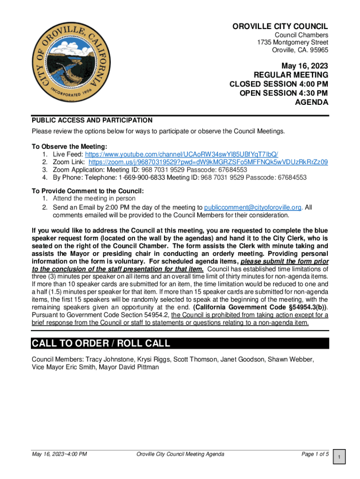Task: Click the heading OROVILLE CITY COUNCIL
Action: [x=280, y=27]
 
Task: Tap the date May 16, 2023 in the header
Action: [x=304, y=65]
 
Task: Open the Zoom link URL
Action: [x=208, y=162]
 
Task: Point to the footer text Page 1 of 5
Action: [x=315, y=454]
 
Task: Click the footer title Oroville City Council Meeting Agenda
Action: [x=180, y=454]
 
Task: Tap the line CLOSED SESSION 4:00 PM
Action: [x=279, y=84]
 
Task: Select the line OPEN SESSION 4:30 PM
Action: [x=284, y=93]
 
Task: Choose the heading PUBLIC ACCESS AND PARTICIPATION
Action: [x=92, y=120]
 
